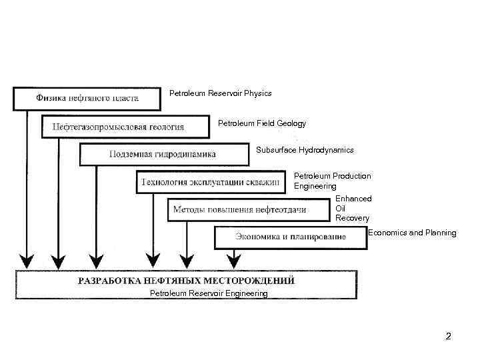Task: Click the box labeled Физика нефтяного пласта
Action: [87, 99]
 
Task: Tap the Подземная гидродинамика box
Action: [163, 154]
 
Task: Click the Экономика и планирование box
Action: [291, 237]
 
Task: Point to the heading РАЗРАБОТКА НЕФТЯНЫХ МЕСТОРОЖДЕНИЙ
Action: [186, 281]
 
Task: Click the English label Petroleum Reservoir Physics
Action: [221, 93]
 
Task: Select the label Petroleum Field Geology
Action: [262, 123]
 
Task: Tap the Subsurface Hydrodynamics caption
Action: [305, 150]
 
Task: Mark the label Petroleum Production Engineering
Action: [332, 181]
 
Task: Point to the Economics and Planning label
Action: [412, 233]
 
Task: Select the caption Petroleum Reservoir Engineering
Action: [209, 293]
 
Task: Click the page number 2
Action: [448, 337]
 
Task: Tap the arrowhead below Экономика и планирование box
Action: [233, 258]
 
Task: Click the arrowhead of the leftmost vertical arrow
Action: [27, 258]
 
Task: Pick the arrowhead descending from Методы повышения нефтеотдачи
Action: [187, 258]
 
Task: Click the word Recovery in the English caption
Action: [352, 218]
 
